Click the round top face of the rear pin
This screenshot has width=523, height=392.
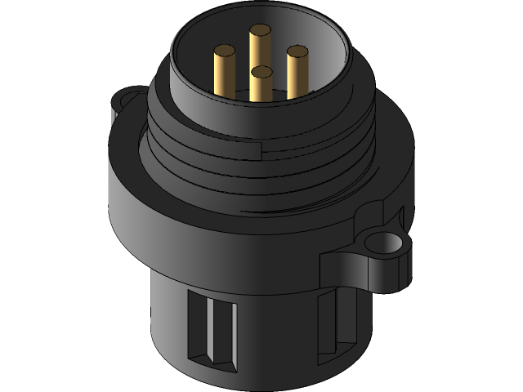click(x=261, y=31)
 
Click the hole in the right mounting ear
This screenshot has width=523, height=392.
click(x=382, y=243)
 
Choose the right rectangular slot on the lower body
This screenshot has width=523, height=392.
click(x=331, y=323)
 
